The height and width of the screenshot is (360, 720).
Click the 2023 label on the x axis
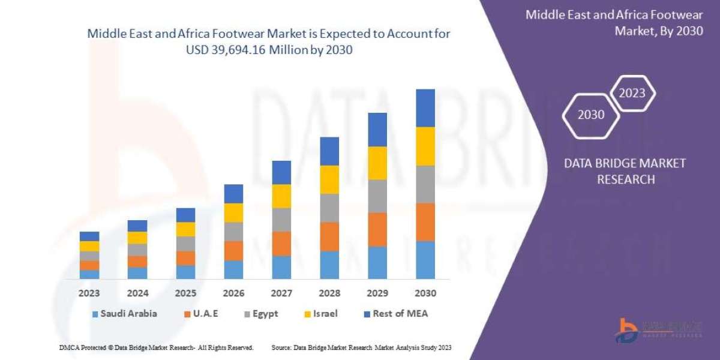89,293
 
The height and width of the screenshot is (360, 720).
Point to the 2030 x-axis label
425,293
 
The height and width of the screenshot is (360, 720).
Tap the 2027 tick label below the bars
281,293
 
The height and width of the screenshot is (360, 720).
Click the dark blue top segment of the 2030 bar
425,108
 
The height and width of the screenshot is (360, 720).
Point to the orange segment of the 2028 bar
329,236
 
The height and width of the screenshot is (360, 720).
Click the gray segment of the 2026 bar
233,232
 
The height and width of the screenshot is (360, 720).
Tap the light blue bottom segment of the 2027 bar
281,267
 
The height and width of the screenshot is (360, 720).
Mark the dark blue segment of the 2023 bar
89,236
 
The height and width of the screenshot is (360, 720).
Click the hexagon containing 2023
632,93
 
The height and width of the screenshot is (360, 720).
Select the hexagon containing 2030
591,114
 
